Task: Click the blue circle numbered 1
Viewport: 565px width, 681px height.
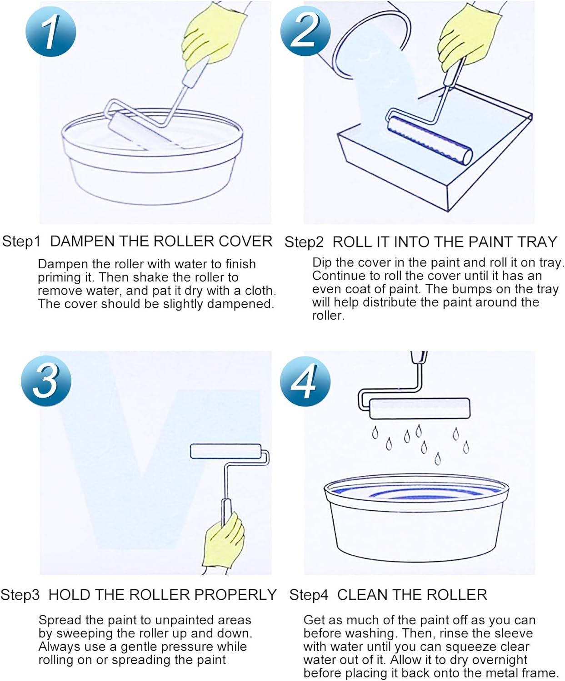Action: pyautogui.click(x=50, y=32)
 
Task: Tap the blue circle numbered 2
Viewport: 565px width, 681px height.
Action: pyautogui.click(x=305, y=31)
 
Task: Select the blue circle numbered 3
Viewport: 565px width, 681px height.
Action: pyautogui.click(x=46, y=380)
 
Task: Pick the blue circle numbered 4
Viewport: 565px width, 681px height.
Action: pyautogui.click(x=305, y=381)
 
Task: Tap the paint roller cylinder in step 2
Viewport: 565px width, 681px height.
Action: pyautogui.click(x=430, y=140)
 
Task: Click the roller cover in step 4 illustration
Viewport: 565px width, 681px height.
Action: pyautogui.click(x=420, y=408)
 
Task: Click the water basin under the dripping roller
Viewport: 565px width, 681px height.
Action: pyautogui.click(x=416, y=517)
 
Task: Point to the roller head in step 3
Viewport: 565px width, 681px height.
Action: pyautogui.click(x=225, y=451)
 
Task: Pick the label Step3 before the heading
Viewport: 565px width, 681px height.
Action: pyautogui.click(x=20, y=595)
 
